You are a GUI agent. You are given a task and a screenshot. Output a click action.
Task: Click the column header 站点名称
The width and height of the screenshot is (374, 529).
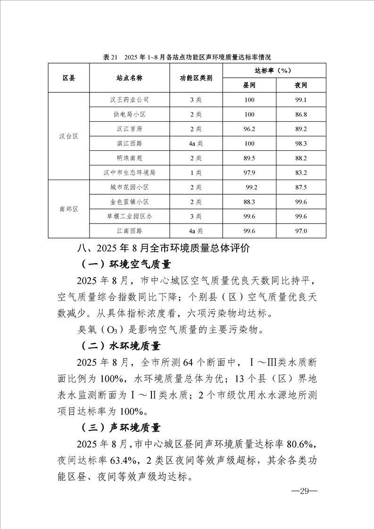point(129,78)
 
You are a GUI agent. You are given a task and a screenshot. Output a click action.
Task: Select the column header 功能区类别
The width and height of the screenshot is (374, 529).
point(196,78)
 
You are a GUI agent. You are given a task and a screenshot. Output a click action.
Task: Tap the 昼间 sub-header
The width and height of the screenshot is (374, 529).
point(249,85)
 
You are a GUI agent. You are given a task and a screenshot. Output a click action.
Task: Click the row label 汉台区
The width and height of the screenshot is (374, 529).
point(69,136)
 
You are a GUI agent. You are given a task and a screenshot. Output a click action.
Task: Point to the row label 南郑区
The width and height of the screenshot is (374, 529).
point(69,209)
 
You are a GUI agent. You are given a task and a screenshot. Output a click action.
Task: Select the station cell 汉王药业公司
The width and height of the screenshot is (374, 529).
point(129,100)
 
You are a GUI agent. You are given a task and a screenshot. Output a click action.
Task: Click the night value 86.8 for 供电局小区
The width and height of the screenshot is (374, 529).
point(300,115)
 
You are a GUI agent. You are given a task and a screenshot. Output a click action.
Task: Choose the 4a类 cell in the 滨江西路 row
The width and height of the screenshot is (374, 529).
point(196,143)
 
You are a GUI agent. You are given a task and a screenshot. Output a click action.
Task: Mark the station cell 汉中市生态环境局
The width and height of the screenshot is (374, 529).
point(129,173)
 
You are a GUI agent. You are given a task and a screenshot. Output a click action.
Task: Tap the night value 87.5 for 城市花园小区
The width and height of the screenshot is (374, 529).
point(300,187)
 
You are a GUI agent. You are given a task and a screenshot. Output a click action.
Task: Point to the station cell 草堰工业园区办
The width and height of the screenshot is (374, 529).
point(129,216)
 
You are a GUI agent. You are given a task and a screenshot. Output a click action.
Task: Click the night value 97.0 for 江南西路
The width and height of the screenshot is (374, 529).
point(300,231)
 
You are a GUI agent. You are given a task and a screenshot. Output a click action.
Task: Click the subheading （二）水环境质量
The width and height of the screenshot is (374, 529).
point(121,346)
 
